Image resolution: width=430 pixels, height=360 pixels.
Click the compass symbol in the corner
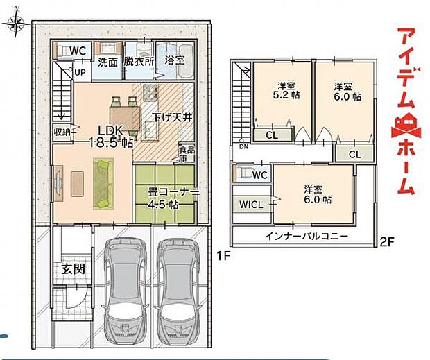(15, 25)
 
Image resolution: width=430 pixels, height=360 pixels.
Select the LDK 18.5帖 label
(110, 137)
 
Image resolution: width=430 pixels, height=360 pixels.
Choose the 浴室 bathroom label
(173, 61)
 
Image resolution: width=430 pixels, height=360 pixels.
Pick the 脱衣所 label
(138, 61)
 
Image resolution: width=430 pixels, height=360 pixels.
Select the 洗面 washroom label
(108, 61)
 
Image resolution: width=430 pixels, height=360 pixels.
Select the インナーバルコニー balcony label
(306, 236)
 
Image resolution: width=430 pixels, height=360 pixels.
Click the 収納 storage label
(62, 132)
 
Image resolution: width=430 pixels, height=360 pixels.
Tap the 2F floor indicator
(386, 242)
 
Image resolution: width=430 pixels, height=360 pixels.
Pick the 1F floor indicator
(223, 255)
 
